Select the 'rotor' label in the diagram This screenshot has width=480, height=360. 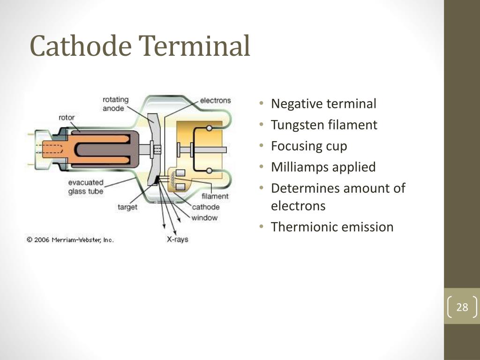coord(67,118)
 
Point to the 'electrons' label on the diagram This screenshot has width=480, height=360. coord(215,100)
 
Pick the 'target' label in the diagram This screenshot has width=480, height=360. coord(127,207)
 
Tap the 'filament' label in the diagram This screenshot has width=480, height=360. coord(215,196)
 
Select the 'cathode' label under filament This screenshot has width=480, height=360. coord(205,207)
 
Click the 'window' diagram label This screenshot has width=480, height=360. coord(204,217)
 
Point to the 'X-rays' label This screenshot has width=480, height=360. coord(178,239)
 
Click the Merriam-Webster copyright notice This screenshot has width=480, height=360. coord(70,240)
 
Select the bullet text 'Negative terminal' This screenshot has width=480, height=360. coord(323,104)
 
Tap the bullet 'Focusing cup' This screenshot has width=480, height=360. coord(309,146)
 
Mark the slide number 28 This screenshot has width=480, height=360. coord(462,307)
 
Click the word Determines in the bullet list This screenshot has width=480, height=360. coord(305,188)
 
